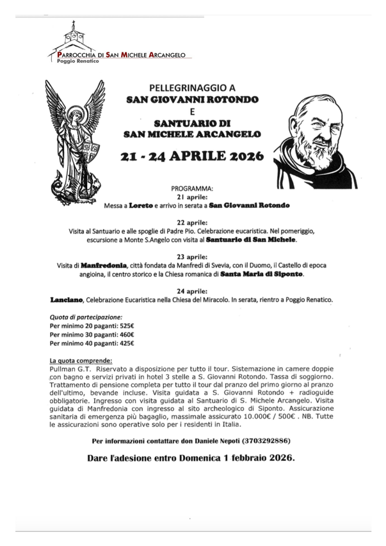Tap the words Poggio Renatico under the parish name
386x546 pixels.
[77, 61]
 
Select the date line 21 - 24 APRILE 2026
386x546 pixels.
[192, 157]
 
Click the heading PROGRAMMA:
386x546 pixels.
[192, 189]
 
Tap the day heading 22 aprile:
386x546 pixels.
[192, 223]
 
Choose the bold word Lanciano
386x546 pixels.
[67, 300]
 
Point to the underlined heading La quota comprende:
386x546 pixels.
[81, 360]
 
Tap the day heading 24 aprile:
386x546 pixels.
[192, 291]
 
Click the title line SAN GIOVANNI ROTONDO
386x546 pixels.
[192, 100]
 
